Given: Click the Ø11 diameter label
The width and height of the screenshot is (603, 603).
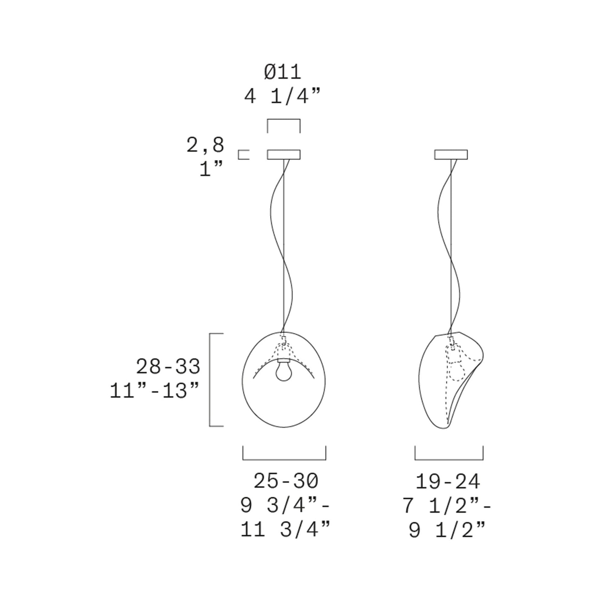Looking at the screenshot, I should point(283,73).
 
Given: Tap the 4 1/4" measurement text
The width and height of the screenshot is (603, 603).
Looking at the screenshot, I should point(283,97).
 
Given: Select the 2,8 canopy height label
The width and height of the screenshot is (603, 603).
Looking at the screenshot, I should point(205,145).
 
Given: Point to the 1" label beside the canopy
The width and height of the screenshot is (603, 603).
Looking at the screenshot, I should point(211,169).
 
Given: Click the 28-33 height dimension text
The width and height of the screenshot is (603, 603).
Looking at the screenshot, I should point(168,367).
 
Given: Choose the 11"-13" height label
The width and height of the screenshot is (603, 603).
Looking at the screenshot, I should point(155,391).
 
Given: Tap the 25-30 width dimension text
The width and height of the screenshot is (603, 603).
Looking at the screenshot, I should point(286,481).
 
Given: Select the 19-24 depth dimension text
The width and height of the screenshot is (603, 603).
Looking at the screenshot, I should point(447,482).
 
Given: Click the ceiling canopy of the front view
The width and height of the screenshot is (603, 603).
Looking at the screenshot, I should point(284,155).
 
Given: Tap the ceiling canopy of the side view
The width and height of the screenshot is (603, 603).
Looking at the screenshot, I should point(451,155).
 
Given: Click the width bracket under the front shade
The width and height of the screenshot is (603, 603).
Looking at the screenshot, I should point(284,459).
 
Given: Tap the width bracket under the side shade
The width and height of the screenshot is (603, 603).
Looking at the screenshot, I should point(449,459).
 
